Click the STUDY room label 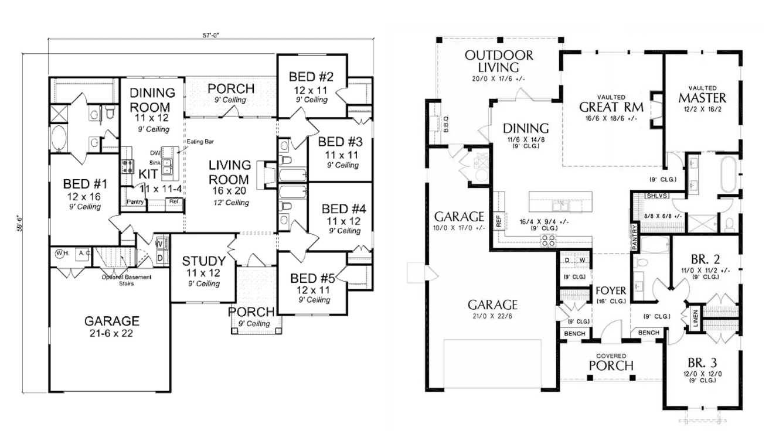[203, 261]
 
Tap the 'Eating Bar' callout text [196, 142]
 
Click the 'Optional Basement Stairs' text [126, 280]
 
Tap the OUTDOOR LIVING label [499, 61]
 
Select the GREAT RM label [611, 107]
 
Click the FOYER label [612, 290]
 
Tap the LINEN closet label [695, 319]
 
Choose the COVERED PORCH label [611, 362]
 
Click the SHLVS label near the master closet [656, 196]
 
